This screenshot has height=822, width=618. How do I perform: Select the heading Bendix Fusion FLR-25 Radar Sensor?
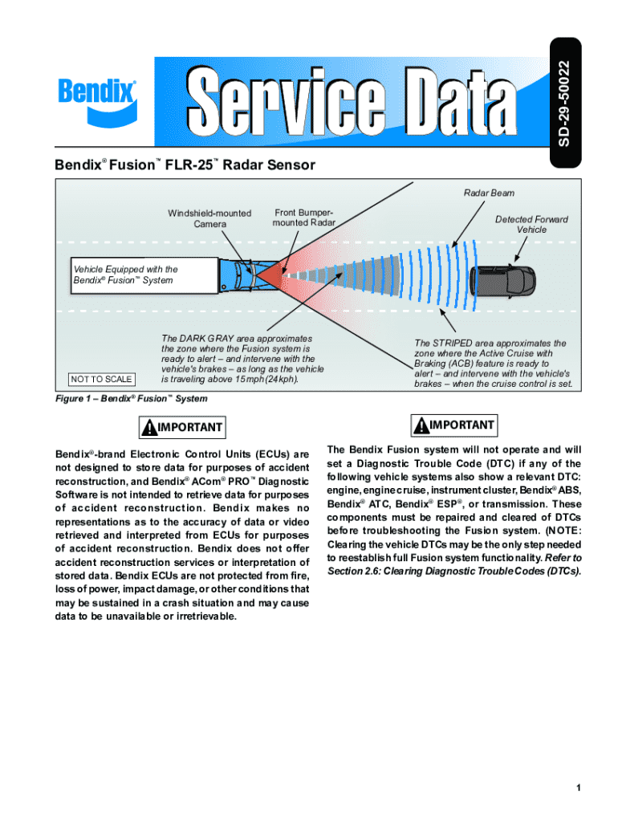(x=185, y=165)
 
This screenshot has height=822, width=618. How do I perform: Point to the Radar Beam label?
(x=489, y=193)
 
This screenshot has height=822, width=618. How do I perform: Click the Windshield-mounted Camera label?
(x=209, y=218)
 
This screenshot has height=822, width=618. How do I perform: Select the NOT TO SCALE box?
(x=101, y=379)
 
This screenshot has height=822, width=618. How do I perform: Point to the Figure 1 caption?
(x=132, y=399)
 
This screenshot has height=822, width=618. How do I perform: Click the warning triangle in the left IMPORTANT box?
(x=148, y=427)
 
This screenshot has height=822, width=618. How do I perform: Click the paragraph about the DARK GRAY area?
(x=242, y=359)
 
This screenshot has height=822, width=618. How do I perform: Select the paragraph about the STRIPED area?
(x=494, y=363)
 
